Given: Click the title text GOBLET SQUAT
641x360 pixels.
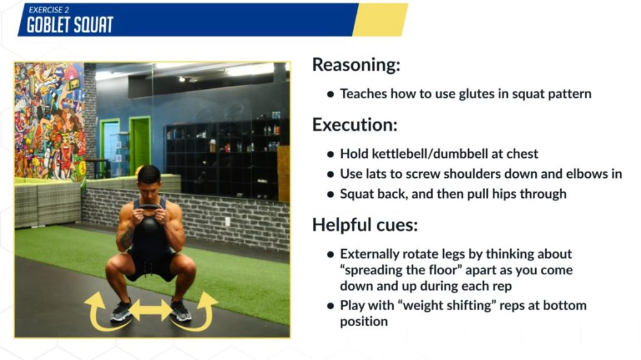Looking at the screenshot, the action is pos(70,25).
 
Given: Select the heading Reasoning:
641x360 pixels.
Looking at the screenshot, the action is pos(356,65).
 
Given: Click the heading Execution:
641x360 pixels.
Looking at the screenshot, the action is pos(355,125).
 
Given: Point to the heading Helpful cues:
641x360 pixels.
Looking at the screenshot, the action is pos(365,225).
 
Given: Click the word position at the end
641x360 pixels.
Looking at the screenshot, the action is pos(364,322).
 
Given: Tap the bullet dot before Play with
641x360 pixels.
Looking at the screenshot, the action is pos(331,306).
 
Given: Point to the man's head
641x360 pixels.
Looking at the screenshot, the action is pos(149,180).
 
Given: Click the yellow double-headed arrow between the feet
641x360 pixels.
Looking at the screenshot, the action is pos(151,310).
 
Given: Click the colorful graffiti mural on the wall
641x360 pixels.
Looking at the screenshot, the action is pos(50,121).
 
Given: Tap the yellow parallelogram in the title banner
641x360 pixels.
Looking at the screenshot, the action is pos(381,19).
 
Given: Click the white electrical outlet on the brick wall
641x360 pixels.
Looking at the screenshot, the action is pos(227,222).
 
